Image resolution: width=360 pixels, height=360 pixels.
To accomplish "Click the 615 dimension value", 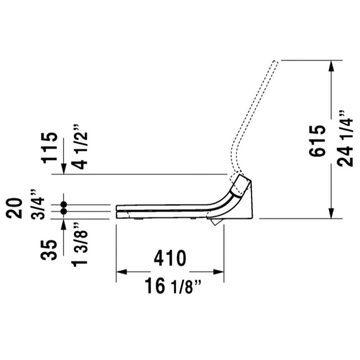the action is (x=317, y=141).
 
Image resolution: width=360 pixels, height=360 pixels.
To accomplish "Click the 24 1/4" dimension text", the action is (x=345, y=139).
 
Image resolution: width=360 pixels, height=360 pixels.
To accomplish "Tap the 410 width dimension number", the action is (x=170, y=258).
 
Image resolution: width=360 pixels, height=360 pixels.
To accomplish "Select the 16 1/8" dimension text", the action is (x=173, y=285).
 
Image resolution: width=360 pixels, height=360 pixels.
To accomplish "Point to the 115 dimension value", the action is (x=49, y=148).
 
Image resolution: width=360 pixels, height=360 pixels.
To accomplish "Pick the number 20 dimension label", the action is (x=14, y=208).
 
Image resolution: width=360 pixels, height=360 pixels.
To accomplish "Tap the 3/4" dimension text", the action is (x=37, y=205).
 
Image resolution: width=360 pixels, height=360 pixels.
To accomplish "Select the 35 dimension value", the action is (x=49, y=250).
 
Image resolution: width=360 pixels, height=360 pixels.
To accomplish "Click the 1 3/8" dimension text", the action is (x=80, y=244).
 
